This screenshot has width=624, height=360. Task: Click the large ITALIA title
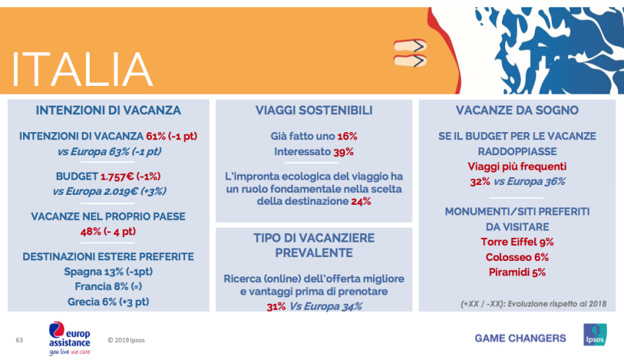(83, 68)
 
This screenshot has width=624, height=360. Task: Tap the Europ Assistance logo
(69, 338)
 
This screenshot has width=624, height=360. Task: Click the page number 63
(19, 340)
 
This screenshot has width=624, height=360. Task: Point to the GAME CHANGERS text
(520, 338)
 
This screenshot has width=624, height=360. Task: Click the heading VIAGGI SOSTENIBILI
(314, 110)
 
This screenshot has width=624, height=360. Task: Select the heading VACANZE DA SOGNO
(517, 110)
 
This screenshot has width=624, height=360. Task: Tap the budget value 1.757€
(118, 176)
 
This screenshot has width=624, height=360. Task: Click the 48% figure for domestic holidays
(90, 231)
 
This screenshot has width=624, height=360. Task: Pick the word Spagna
(82, 271)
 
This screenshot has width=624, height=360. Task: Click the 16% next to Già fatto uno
(347, 136)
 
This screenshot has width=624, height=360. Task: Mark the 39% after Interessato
(343, 152)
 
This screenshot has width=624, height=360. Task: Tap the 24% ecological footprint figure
(361, 201)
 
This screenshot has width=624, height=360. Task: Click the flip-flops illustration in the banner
(409, 53)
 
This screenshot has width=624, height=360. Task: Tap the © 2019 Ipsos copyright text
(127, 340)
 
